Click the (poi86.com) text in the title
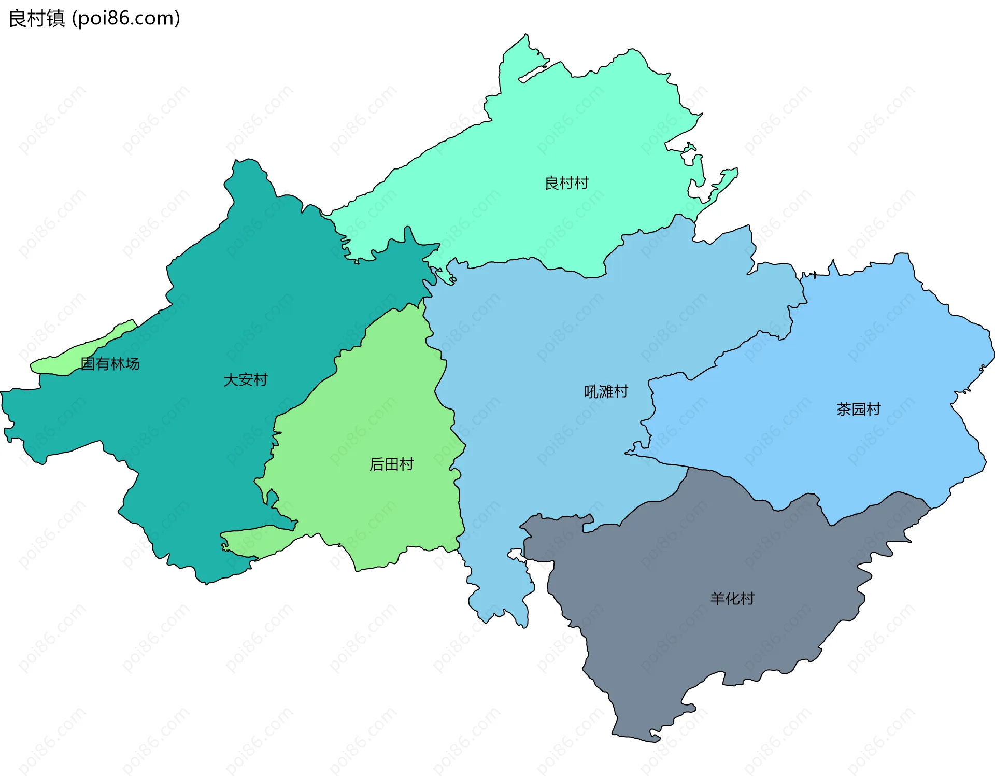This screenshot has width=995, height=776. (x=126, y=18)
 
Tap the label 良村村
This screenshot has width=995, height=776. (x=566, y=183)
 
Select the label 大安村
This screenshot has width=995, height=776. (x=245, y=380)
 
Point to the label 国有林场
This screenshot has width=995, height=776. (x=110, y=364)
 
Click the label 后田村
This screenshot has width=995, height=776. (x=391, y=464)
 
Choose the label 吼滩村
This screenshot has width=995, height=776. (x=606, y=391)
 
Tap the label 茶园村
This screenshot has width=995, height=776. (x=858, y=410)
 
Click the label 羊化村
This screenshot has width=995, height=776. (x=732, y=599)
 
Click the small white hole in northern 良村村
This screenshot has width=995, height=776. (x=533, y=73)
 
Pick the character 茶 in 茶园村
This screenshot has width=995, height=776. (x=844, y=410)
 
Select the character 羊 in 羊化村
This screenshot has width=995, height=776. (x=717, y=599)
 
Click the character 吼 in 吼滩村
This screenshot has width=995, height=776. (x=591, y=391)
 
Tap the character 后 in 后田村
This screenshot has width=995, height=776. (x=377, y=464)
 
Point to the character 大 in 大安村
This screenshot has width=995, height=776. (x=231, y=380)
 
